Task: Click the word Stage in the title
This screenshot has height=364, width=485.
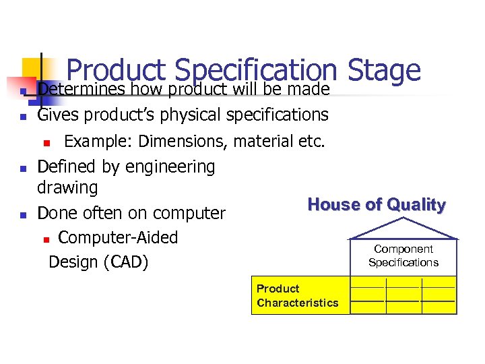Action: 385,71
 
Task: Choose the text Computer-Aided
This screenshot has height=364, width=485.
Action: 118,238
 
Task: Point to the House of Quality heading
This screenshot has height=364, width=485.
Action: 376,205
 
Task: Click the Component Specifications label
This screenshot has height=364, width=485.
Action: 403,256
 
